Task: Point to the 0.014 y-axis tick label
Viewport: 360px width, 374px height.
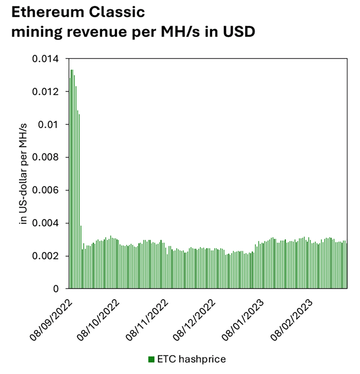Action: [45, 59]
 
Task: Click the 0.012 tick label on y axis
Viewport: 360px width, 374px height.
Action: [45, 92]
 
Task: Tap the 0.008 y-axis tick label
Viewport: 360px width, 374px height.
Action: [45, 157]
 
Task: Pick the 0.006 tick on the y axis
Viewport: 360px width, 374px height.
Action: [45, 190]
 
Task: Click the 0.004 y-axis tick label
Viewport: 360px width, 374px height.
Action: [45, 223]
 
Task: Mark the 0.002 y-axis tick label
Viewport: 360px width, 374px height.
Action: [45, 256]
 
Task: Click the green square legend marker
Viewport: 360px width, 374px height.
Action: [151, 359]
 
